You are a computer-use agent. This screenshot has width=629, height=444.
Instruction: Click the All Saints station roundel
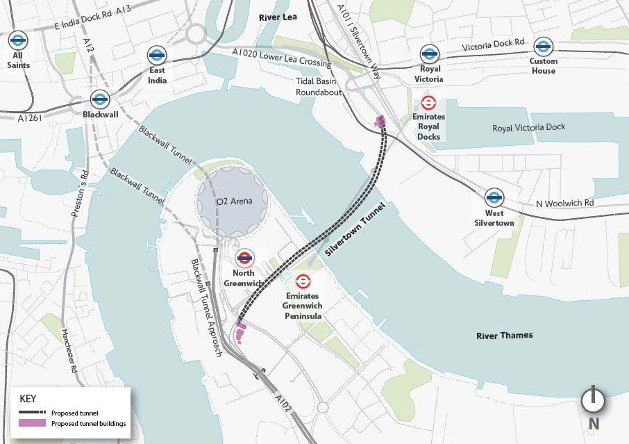[19, 39]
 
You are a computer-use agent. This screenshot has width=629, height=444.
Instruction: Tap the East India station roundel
[157, 55]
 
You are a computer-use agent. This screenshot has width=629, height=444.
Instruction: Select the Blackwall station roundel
[100, 99]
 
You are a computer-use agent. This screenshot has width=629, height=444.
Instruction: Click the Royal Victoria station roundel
[430, 54]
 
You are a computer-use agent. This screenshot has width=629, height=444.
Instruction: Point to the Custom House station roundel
[544, 46]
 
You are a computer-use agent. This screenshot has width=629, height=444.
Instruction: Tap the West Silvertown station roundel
[494, 197]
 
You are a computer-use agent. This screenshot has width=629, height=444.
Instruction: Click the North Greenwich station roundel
[244, 258]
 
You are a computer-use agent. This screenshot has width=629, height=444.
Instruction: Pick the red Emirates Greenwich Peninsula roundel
[303, 281]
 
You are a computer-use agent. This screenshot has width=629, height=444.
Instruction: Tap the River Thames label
[505, 336]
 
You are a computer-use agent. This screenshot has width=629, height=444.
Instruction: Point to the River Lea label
[277, 17]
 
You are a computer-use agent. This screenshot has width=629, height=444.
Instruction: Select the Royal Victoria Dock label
[528, 128]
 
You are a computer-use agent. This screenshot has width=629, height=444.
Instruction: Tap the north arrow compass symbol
[594, 400]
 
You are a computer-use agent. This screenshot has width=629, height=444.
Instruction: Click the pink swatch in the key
[31, 423]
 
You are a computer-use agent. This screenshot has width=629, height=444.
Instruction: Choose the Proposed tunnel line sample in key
[31, 412]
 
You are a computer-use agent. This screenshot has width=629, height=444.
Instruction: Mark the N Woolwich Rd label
[564, 204]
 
